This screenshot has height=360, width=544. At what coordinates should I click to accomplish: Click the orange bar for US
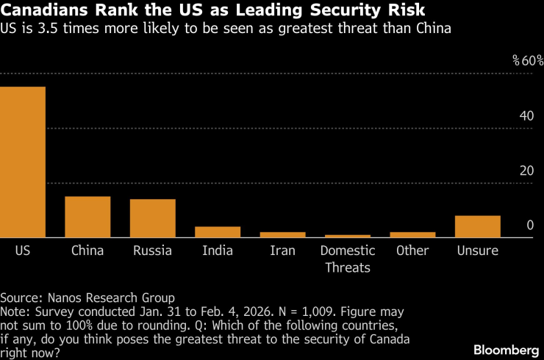[22, 162]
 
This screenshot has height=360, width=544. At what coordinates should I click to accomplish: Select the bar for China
[87, 217]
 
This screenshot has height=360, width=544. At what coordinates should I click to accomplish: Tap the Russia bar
[152, 219]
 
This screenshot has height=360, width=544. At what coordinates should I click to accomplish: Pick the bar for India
[218, 232]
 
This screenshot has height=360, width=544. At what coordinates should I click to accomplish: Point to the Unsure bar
[477, 227]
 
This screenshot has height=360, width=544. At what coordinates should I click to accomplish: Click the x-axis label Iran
[282, 251]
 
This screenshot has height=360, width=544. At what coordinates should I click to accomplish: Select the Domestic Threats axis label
[348, 259]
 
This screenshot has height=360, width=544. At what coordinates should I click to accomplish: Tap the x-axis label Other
[412, 251]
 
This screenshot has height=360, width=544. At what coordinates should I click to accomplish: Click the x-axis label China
[87, 251]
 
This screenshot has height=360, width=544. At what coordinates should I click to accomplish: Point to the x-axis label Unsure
[477, 251]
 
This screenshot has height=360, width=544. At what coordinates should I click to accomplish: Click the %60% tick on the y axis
[527, 60]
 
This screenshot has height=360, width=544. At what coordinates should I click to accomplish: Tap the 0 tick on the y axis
[530, 226]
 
